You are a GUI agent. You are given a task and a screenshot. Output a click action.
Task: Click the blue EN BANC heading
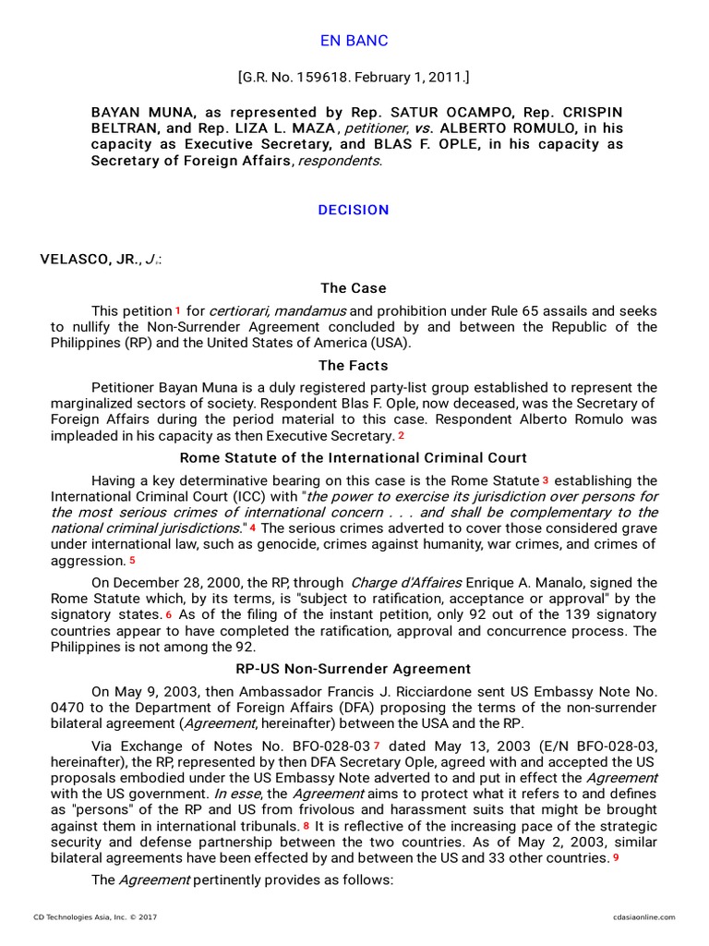coord(354,41)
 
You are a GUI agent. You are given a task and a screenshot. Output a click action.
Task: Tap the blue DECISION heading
coord(354,210)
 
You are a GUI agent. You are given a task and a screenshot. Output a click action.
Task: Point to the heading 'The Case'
coord(354,288)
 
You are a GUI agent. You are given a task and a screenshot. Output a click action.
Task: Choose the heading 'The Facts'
coord(354,366)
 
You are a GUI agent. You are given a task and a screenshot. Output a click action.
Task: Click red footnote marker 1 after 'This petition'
coord(178,310)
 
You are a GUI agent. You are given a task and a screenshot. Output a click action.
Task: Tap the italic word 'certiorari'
coord(240,311)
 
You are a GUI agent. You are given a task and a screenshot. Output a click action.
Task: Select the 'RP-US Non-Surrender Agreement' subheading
coord(354,669)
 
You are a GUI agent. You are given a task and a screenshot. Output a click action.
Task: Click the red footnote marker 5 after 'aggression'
coord(132,561)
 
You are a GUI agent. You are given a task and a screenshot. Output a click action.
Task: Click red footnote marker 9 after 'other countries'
coord(615,857)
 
